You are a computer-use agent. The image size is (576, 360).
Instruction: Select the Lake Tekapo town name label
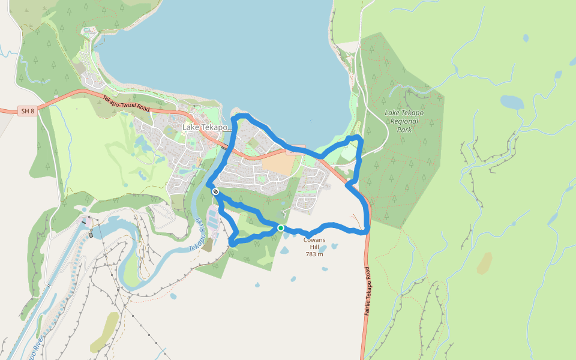coord(205,128)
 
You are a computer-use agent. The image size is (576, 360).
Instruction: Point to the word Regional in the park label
coord(404,121)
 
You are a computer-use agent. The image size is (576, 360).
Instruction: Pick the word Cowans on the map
coord(314,240)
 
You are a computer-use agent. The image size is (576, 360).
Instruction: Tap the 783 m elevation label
coord(314,254)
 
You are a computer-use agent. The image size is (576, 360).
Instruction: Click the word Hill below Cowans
coord(314,247)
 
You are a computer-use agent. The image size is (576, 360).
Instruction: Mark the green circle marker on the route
coord(280,228)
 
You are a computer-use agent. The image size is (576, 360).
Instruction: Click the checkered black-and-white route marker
coord(215,191)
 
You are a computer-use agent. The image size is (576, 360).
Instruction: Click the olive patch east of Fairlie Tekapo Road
coord(484,263)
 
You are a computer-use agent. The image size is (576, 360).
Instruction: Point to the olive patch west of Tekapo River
coord(104,332)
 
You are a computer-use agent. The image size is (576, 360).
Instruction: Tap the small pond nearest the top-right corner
coord(526,38)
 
